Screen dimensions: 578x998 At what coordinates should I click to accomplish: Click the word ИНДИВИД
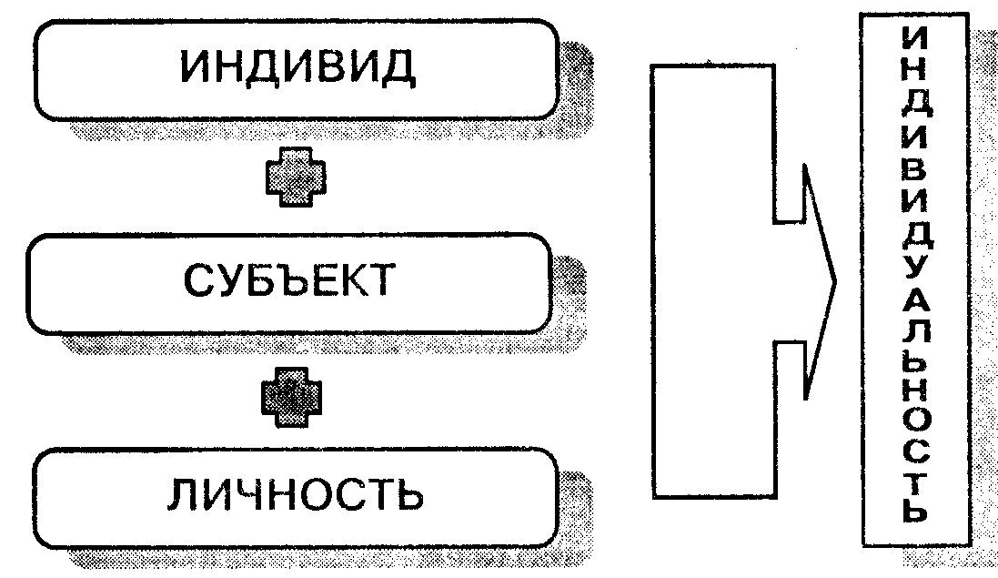point(296,68)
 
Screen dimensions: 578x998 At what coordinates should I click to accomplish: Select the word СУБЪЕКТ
point(290,281)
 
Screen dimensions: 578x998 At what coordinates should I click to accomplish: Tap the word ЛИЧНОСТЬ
point(296,496)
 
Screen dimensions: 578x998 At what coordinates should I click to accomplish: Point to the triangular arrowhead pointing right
point(819,282)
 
